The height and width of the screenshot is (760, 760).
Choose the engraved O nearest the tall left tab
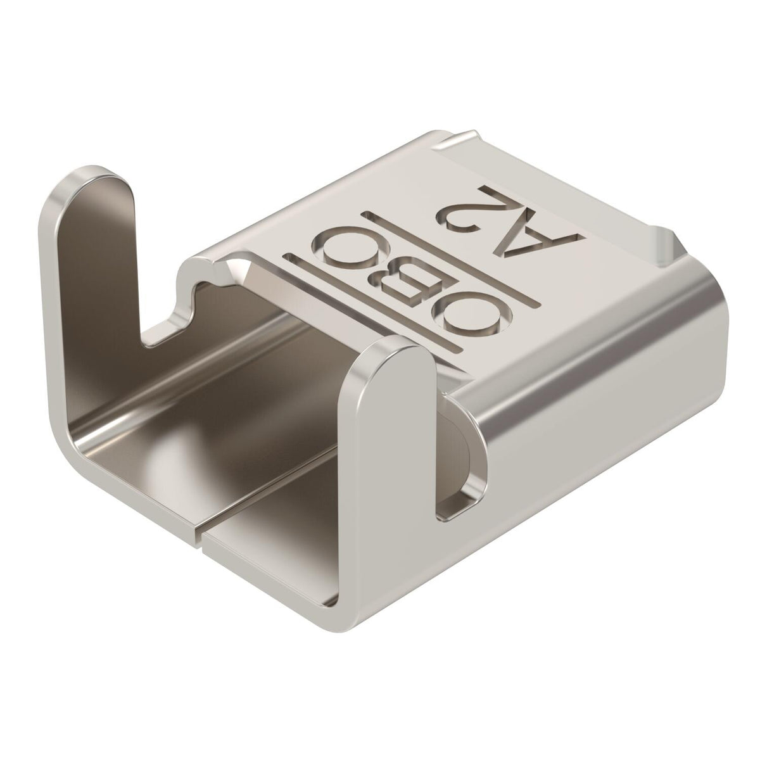351,247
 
